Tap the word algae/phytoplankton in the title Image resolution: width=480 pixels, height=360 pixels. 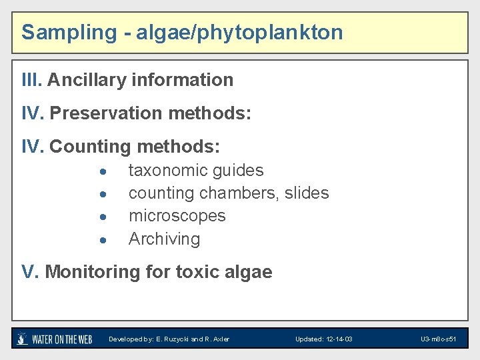[239, 32]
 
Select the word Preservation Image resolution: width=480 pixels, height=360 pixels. [106, 113]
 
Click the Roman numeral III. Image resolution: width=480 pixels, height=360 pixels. [31, 80]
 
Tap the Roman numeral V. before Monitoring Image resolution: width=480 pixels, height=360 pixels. [30, 272]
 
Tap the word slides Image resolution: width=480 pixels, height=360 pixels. [307, 193]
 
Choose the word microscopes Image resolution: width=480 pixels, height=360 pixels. [177, 216]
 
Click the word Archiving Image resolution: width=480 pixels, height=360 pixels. [164, 239]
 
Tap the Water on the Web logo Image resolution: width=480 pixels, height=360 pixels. [55, 339]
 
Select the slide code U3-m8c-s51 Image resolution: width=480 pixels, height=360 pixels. [438, 339]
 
